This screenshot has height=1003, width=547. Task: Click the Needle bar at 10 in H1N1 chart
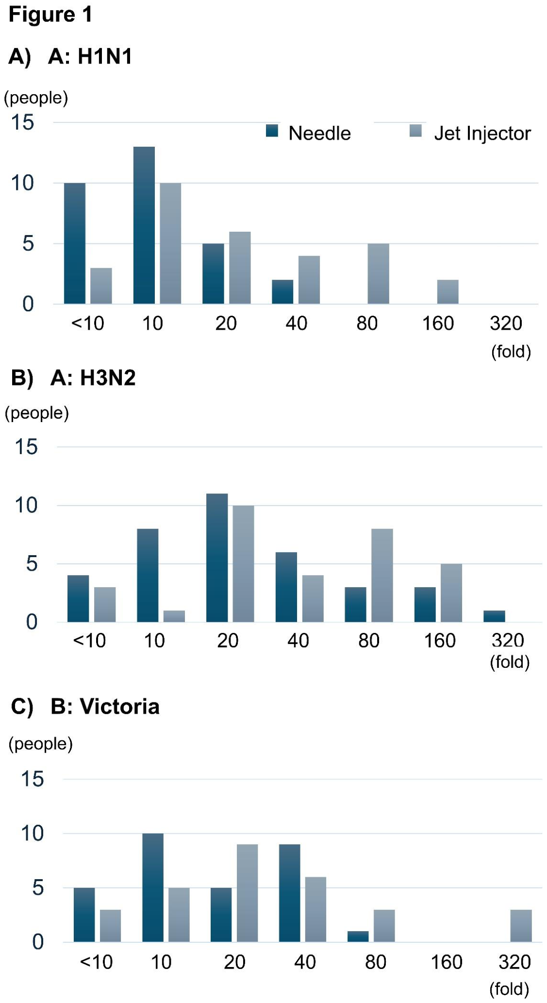point(144,225)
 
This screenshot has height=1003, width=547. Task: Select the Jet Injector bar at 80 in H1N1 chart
point(378,274)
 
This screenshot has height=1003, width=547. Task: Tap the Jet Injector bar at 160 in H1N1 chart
point(448,292)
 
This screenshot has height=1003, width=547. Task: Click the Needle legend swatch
point(272,131)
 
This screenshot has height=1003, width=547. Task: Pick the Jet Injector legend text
point(482,133)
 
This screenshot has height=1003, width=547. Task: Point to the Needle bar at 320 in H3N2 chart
point(494,616)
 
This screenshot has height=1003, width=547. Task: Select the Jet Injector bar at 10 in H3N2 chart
point(174,616)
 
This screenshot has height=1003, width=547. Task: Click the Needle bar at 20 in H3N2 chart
point(217,558)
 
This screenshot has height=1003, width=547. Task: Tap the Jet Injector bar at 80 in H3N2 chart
point(382,575)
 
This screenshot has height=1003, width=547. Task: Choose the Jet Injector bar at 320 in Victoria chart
point(521,926)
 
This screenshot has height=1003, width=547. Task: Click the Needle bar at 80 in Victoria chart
point(358,936)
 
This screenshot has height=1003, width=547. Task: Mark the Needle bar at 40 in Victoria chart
point(290,893)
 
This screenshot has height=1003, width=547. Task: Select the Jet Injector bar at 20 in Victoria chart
point(247,893)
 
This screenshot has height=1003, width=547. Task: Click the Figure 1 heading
point(50,15)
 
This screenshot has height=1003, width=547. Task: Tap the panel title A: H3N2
point(93,378)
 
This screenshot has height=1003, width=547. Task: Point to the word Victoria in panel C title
point(119,707)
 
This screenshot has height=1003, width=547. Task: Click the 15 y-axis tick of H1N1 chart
point(23,122)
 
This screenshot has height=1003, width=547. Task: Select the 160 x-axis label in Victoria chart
point(447,962)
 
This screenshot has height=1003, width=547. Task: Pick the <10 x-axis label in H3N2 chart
point(89,641)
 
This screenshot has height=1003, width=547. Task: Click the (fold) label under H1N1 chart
point(511,351)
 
